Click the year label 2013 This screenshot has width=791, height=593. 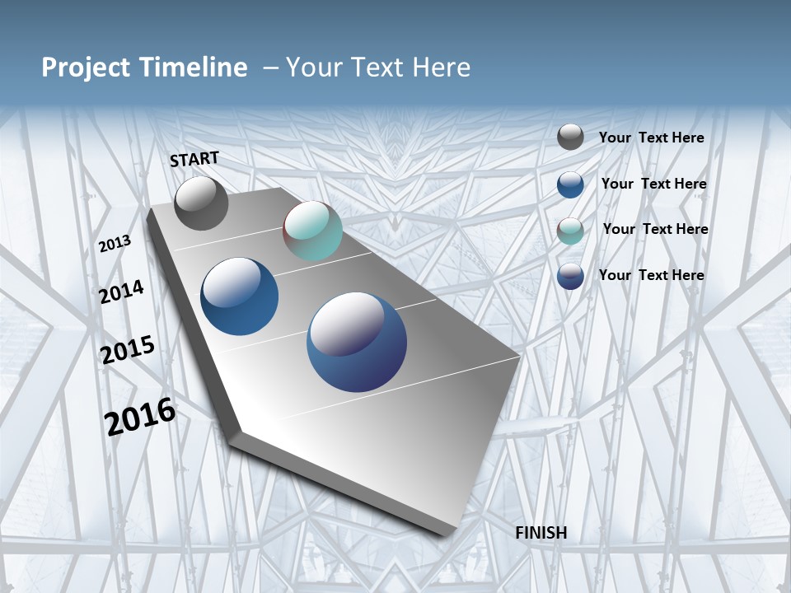coord(115,243)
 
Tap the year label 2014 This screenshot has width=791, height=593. coord(122,292)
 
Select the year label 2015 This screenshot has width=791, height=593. coord(128,349)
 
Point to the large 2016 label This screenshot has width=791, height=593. coord(140,416)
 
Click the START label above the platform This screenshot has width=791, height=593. coord(194,159)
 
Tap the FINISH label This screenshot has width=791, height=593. coord(541,533)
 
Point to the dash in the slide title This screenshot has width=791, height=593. coord(270,68)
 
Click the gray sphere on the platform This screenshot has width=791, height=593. coord(201,203)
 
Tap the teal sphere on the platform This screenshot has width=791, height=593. coord(312,231)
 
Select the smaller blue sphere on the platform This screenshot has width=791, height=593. coord(240,296)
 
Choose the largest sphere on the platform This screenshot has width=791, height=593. coord(357,342)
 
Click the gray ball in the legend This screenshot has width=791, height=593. coord(570,137)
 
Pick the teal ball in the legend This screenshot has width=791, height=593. coord(570,230)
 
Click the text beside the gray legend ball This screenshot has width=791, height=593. coord(651,138)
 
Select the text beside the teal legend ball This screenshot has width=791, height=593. coord(655,229)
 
